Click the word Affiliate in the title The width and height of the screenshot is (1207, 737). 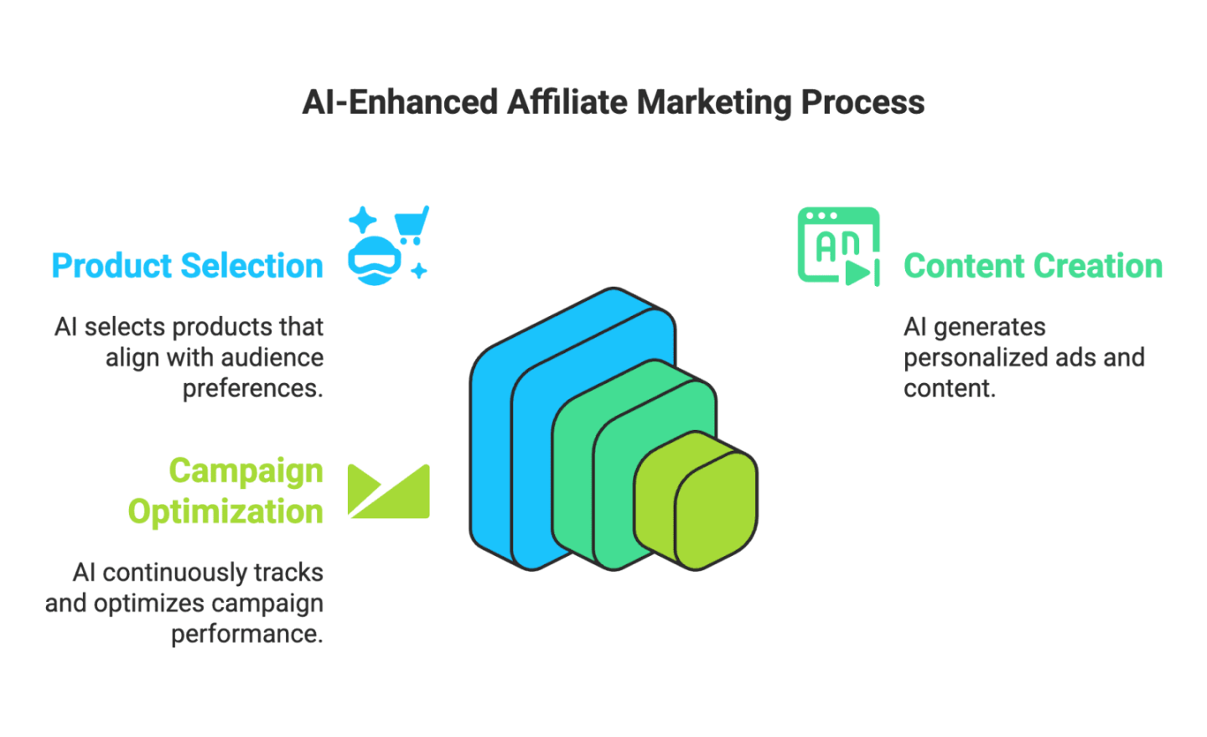tap(567, 102)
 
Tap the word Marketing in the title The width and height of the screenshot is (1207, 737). tap(713, 102)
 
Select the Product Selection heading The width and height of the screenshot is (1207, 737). tap(188, 266)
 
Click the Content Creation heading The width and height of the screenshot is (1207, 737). tap(1033, 266)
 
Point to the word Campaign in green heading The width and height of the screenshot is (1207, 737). tap(246, 471)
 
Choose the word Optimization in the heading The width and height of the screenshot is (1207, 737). tap(225, 511)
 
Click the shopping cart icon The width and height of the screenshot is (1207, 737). tap(412, 224)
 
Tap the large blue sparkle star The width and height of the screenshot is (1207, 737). tap(363, 221)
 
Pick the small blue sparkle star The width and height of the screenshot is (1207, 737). tap(419, 271)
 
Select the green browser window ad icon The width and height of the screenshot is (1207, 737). tap(837, 245)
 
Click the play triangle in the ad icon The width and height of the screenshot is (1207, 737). tap(857, 272)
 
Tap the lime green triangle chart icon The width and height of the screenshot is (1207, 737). tap(388, 491)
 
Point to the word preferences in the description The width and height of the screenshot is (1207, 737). tap(252, 389)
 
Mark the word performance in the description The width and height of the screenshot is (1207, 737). tap(246, 634)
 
